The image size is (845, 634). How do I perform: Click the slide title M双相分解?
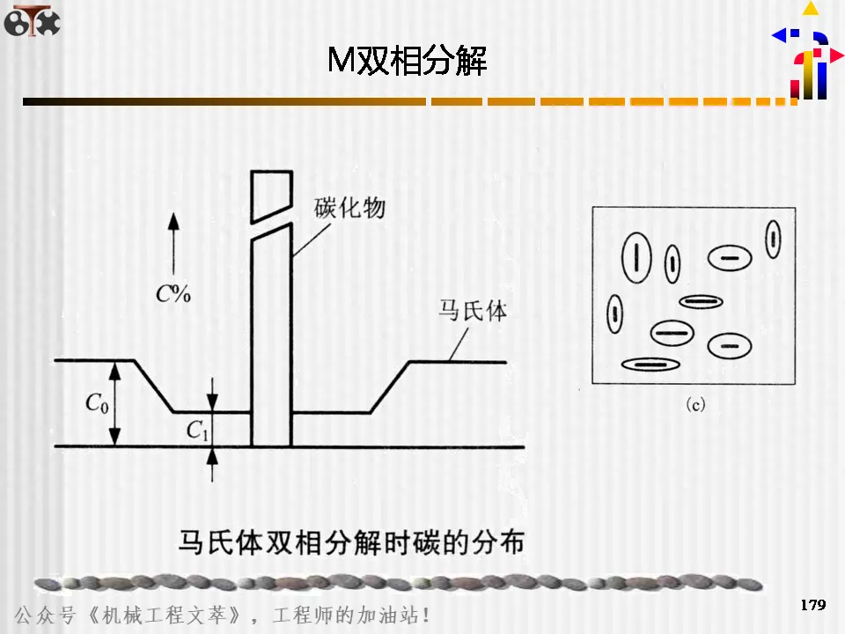point(407,61)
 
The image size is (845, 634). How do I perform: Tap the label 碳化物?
point(349,209)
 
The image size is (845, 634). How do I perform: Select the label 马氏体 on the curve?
point(473,312)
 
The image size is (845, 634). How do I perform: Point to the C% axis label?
point(173,294)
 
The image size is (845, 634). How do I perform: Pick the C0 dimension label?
point(97,403)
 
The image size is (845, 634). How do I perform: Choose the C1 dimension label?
point(196,430)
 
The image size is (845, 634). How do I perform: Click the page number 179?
point(812,605)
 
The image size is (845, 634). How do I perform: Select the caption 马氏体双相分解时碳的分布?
point(351,540)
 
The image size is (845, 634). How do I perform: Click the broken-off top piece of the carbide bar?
point(271,194)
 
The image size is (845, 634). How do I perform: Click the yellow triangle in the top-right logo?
point(810,10)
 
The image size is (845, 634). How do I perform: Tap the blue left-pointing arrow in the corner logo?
point(780,35)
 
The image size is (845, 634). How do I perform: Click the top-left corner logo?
point(32,20)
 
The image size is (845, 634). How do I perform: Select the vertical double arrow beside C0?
point(115,402)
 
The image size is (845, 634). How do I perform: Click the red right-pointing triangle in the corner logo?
point(835,55)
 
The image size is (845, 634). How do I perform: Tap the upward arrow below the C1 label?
point(212,463)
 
